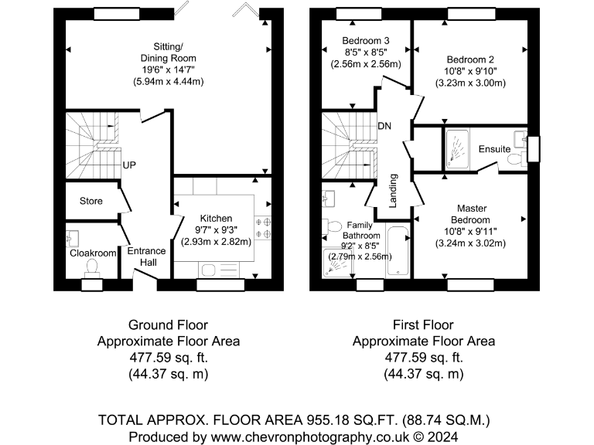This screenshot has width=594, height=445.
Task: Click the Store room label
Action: [x=91, y=201]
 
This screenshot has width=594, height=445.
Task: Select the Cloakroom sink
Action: [x=72, y=239]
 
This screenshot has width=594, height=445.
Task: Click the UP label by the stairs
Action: [x=129, y=165]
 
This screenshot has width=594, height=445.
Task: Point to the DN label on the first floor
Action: [x=384, y=126]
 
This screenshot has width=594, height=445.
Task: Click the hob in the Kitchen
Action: [x=263, y=227]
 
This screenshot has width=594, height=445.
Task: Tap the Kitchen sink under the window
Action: [x=219, y=270]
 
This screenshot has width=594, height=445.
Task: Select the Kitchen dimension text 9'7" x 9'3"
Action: [x=216, y=230]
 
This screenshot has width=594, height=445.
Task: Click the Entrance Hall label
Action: [x=147, y=256]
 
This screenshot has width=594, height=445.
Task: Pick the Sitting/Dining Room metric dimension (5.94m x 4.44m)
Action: [x=168, y=81]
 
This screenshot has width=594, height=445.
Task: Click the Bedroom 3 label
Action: [x=366, y=40]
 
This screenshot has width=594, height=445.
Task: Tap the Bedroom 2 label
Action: [x=470, y=59]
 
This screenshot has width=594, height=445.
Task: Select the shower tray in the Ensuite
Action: [x=457, y=148]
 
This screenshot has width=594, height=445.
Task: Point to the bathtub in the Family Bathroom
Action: [x=398, y=251]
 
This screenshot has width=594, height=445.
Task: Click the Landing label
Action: [x=393, y=191]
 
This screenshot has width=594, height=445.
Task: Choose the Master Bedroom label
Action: [x=471, y=214]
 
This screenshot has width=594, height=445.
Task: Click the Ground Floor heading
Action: [x=168, y=325]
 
